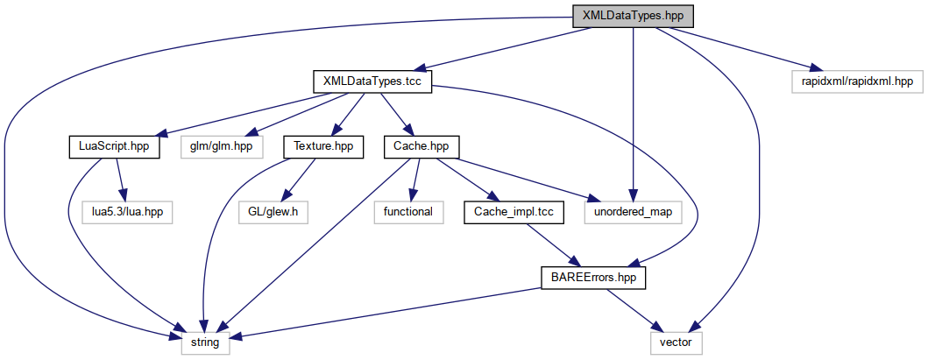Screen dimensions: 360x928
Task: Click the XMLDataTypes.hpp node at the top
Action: [632, 17]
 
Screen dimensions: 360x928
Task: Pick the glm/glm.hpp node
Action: [221, 146]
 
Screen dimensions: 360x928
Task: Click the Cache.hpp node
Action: [421, 146]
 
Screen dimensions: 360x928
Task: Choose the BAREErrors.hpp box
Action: [592, 277]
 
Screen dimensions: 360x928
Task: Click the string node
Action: [204, 342]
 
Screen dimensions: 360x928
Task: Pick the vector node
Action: [676, 342]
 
